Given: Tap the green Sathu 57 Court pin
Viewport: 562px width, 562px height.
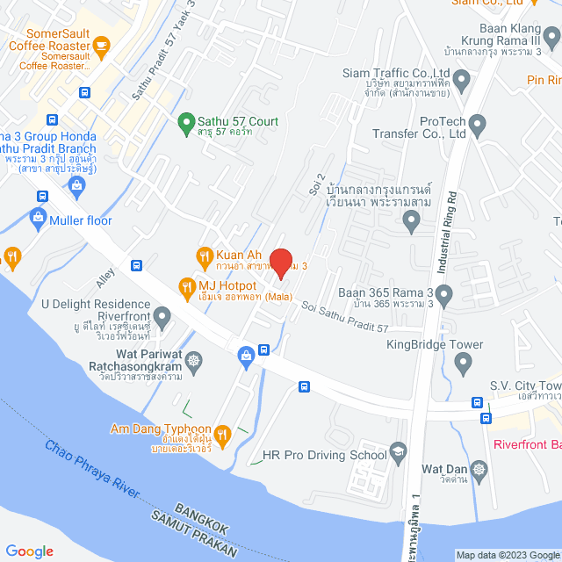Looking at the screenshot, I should [x=185, y=121].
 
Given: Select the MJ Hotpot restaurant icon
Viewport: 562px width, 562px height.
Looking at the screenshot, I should [x=186, y=285].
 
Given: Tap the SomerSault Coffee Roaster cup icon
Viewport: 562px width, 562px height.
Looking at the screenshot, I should [x=101, y=45].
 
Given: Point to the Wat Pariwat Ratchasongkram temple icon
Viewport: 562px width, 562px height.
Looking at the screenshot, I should [x=193, y=360].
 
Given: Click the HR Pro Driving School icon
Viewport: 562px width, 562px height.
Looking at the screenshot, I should [x=399, y=453].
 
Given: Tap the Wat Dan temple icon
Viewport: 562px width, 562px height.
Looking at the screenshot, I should [x=479, y=469].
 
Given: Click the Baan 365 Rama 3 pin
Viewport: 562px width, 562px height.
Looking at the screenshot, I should [x=443, y=294].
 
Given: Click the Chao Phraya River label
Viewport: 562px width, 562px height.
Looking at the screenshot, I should [x=93, y=470].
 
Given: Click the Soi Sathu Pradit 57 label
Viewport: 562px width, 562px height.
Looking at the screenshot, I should [x=344, y=316].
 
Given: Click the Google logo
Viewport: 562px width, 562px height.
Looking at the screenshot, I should [x=30, y=551].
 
